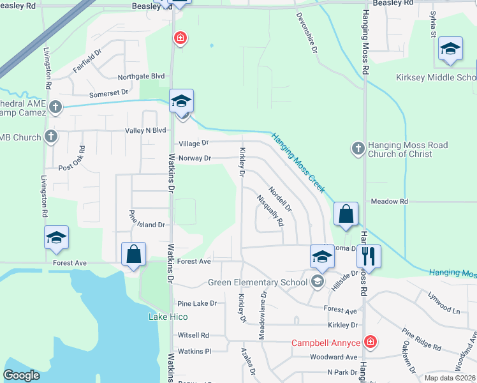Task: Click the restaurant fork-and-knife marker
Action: coord(369,257)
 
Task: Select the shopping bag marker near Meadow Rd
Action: coord(346,214)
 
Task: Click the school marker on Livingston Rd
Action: coord(56,237)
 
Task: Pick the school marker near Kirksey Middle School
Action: coord(450,50)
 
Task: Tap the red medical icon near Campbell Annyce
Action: coord(369,343)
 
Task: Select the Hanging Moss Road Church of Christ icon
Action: coord(358,149)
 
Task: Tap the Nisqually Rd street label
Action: coord(270,211)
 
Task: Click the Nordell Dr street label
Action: coord(280,199)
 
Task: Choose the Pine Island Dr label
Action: coord(147,225)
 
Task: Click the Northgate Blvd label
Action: coord(141,77)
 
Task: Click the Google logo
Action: coord(21,375)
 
